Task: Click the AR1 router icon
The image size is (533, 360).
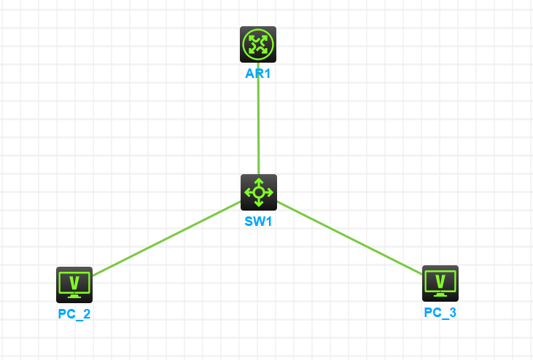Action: pos(258,44)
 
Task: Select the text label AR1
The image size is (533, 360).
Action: pos(258,74)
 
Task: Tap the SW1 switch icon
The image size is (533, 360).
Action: pos(259,192)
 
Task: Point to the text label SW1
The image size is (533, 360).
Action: pos(258,222)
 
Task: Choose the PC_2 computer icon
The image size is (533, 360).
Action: pos(74,285)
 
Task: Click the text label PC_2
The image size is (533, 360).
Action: pos(74,314)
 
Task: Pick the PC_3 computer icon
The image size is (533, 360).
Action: pos(440,283)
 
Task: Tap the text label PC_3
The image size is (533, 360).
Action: pos(440,313)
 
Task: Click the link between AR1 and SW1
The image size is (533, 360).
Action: pos(258,119)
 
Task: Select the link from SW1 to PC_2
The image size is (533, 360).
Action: pos(166,239)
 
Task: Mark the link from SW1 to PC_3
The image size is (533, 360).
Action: pos(350,238)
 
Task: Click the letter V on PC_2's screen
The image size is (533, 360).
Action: pos(74,283)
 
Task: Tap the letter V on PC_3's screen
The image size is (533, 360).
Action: pos(440,281)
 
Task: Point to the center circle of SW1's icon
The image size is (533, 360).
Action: pos(259,192)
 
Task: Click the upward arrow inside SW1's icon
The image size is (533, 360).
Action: pos(259,182)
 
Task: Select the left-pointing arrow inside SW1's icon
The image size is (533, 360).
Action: pos(249,192)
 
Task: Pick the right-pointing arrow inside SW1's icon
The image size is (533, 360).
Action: pos(268,192)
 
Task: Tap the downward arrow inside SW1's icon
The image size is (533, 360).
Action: pos(259,203)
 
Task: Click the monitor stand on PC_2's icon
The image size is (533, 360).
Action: pos(74,296)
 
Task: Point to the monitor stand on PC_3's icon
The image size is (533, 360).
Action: pos(440,295)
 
